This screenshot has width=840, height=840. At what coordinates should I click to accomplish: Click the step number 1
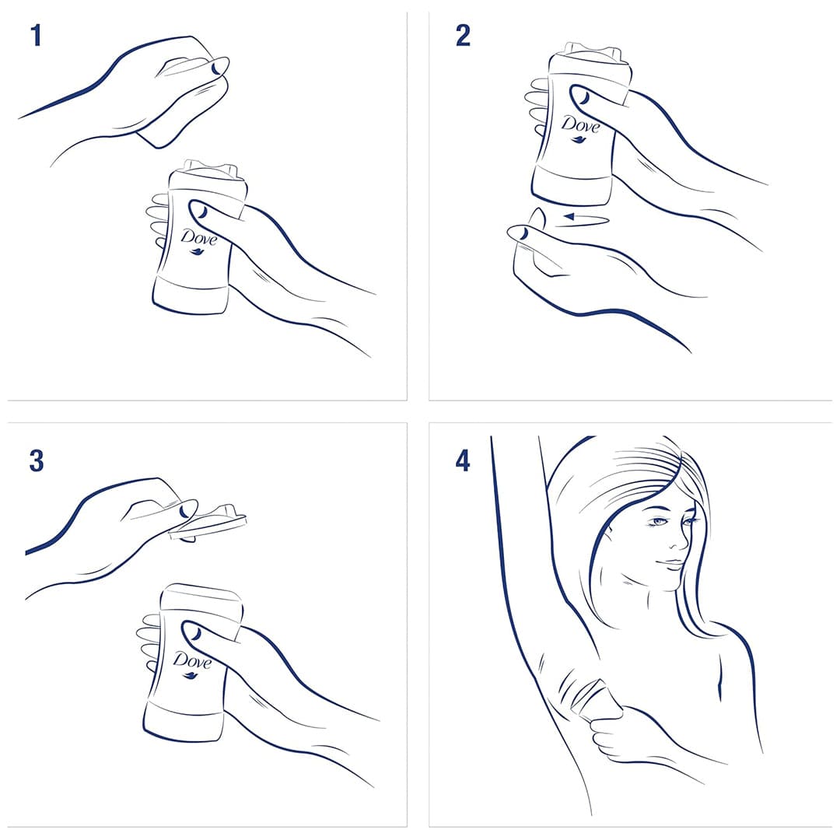tap(36, 35)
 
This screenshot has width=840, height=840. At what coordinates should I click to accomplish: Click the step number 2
tap(463, 35)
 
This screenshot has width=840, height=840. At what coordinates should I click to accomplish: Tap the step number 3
tap(37, 460)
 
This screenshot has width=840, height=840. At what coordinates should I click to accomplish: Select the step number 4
tap(463, 460)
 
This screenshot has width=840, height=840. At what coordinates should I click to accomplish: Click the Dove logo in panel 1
tap(199, 239)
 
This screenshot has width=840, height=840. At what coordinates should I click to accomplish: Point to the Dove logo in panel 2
tap(581, 128)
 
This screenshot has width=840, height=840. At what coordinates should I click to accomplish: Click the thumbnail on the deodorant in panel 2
tap(583, 97)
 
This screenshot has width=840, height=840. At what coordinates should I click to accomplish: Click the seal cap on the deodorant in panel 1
tap(209, 171)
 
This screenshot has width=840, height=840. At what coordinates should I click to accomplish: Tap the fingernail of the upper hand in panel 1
tap(217, 68)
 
